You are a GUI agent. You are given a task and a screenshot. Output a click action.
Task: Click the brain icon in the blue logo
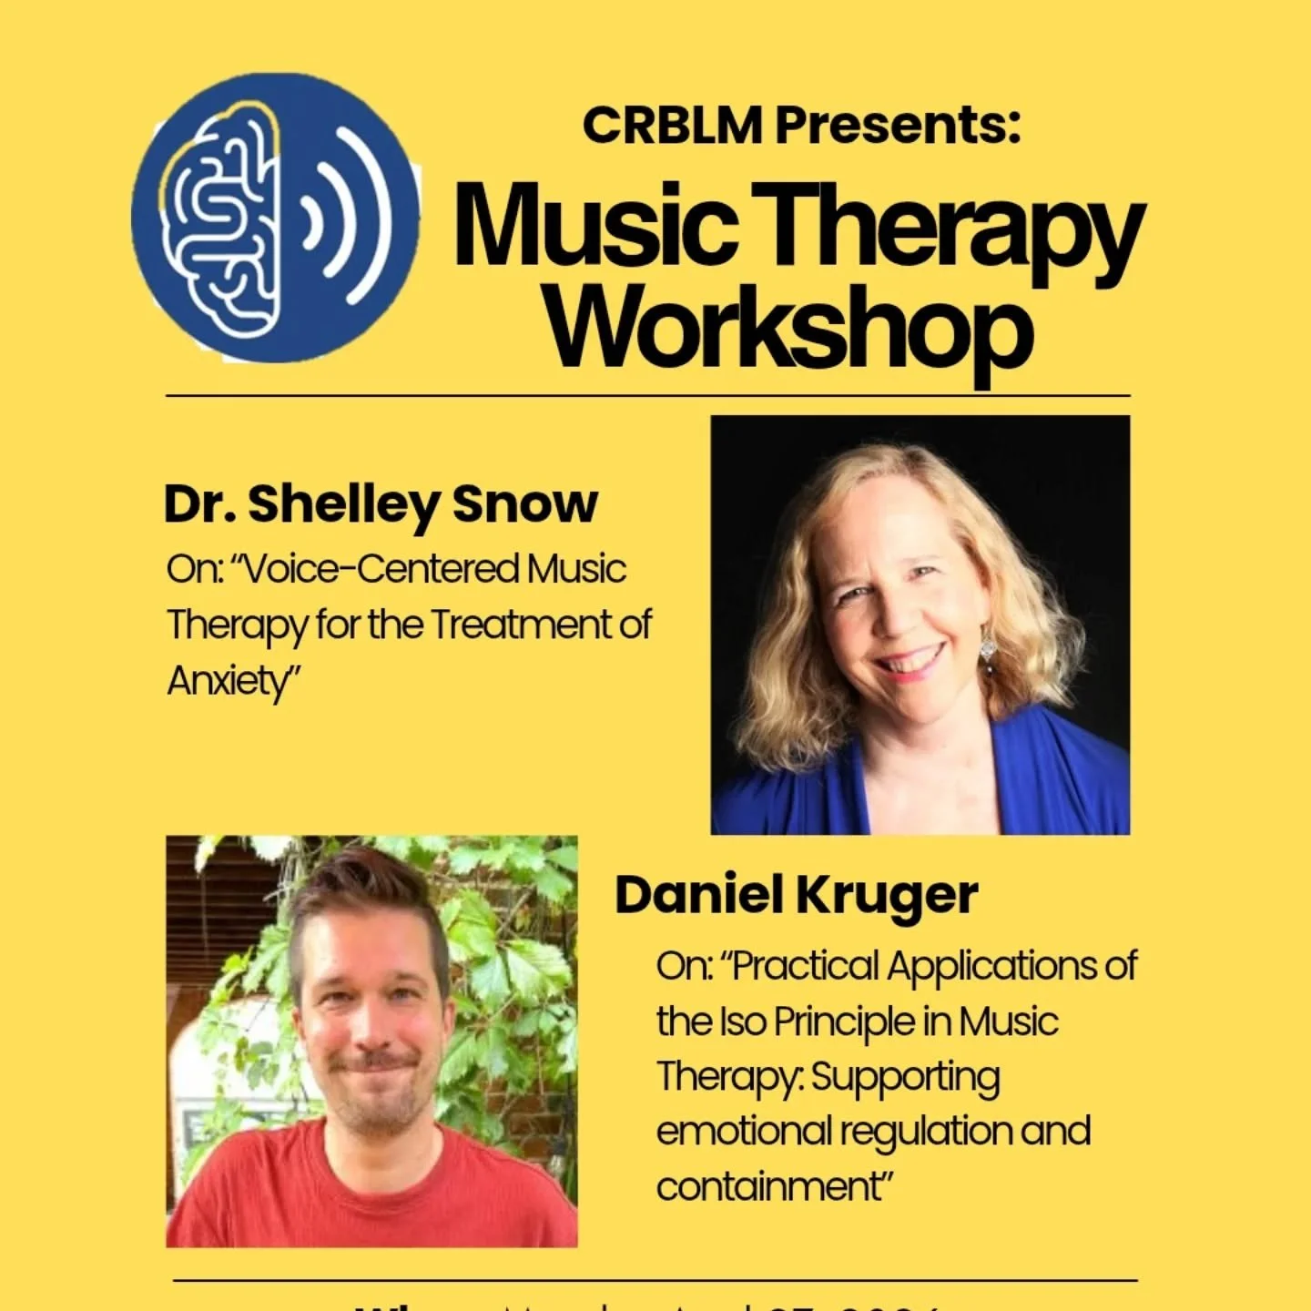tap(223, 218)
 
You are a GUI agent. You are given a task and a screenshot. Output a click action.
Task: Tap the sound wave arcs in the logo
tap(351, 218)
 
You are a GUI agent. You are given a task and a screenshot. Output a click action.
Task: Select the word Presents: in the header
tap(897, 125)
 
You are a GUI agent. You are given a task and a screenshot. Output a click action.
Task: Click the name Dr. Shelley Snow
tap(381, 503)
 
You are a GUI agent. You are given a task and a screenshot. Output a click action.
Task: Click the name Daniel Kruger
tap(796, 895)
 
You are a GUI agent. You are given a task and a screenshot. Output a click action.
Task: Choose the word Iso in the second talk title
tap(742, 1021)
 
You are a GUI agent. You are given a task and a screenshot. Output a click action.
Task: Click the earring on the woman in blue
tap(989, 649)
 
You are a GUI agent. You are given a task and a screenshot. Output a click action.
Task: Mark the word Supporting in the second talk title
tap(905, 1077)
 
